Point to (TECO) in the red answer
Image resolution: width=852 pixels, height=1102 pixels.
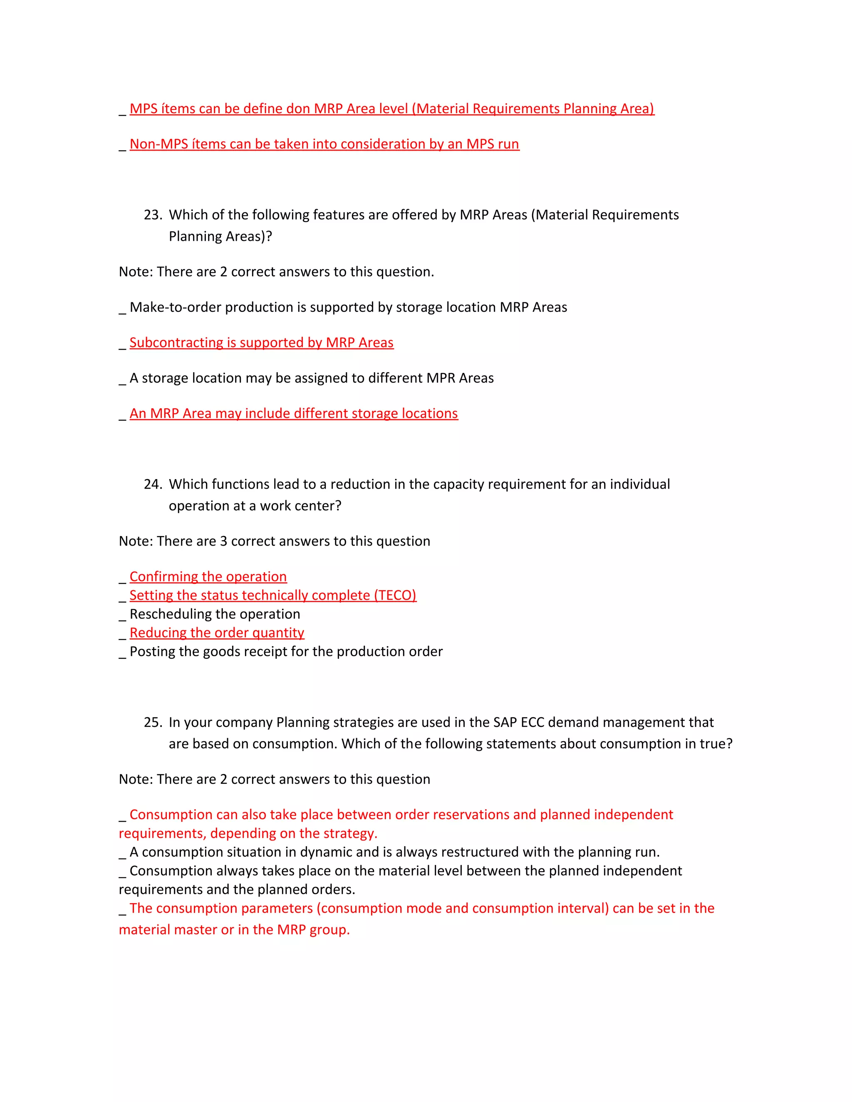click(395, 595)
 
